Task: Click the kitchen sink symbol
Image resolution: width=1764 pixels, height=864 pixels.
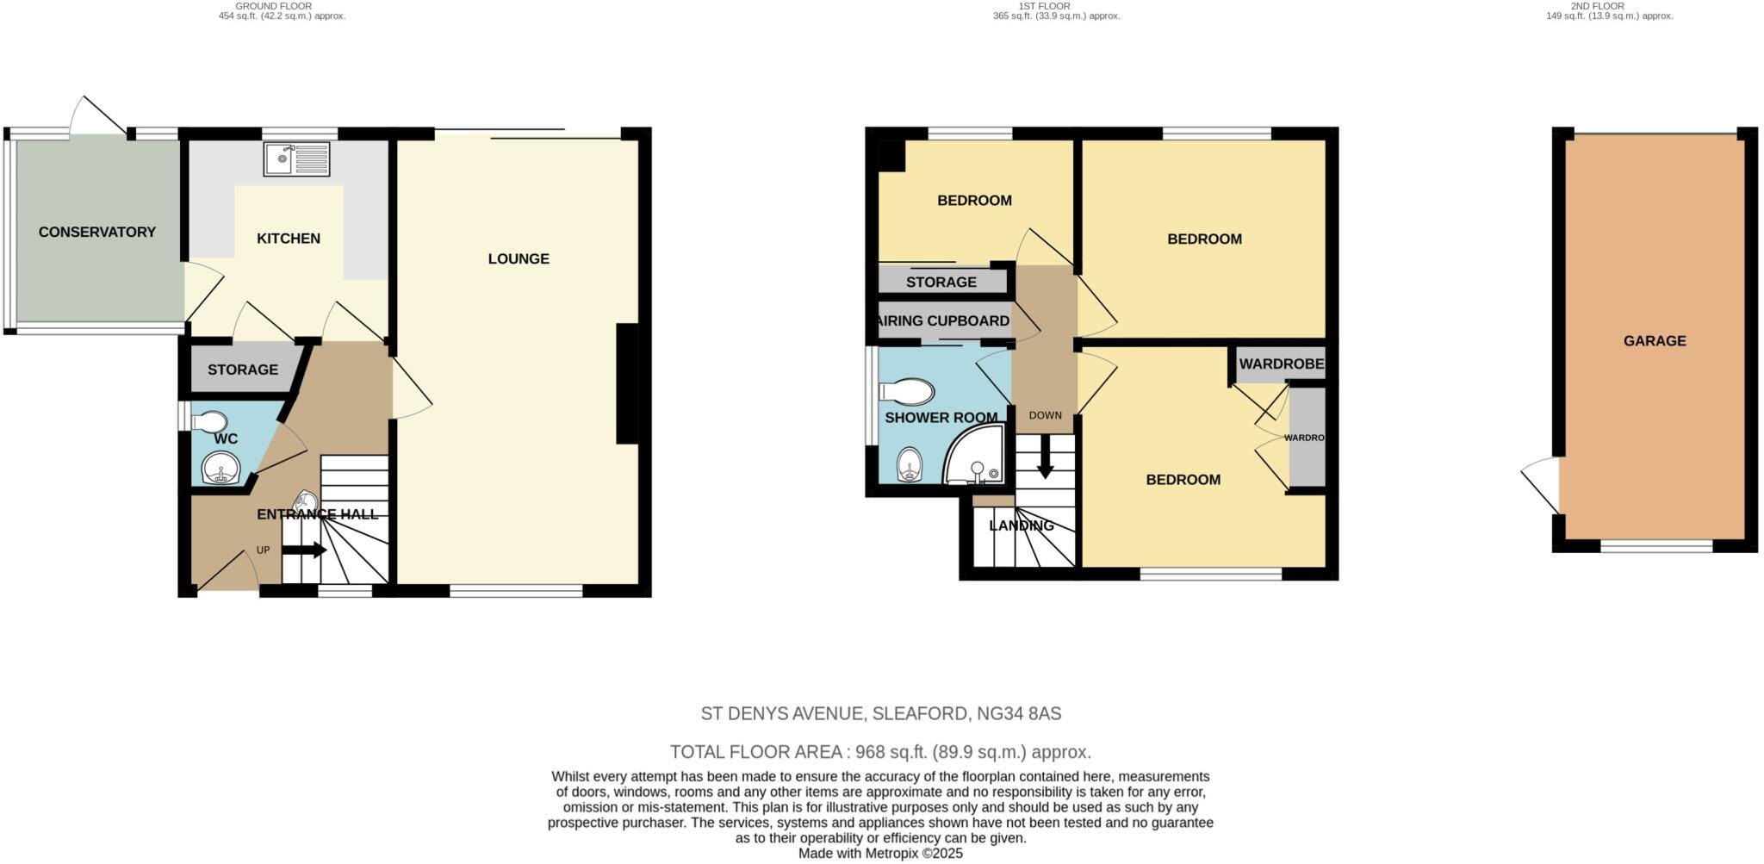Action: point(296,159)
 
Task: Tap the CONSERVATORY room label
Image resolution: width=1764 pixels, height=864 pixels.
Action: point(97,232)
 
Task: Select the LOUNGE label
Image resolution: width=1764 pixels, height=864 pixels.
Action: point(519,258)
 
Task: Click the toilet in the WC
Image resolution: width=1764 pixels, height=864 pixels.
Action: point(209,422)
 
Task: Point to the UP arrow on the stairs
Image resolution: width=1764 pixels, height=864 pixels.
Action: point(304,550)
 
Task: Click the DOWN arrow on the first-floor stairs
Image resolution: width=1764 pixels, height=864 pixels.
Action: point(1045,457)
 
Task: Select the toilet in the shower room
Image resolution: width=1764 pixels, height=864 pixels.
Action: point(908,393)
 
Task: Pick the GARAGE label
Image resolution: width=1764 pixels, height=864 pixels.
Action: point(1655,341)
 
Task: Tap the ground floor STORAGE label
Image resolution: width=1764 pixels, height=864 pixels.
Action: point(243,370)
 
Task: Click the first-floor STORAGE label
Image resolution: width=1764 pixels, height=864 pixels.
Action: point(941,282)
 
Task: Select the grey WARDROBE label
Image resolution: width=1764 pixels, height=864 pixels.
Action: point(1281,364)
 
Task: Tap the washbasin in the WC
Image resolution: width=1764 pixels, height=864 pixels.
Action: point(220,471)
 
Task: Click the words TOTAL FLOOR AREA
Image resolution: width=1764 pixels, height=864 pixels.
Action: point(755,751)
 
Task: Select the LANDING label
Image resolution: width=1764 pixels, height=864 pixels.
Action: point(1022,525)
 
